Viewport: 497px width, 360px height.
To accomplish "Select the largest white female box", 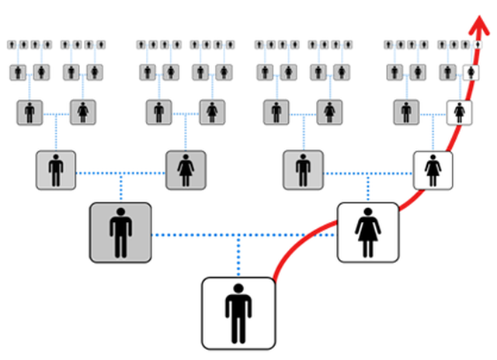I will click(x=367, y=231).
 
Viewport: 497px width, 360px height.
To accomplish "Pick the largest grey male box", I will click(x=120, y=231).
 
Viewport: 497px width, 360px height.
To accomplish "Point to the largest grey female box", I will click(x=186, y=170).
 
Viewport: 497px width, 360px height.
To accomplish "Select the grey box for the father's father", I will click(x=55, y=170).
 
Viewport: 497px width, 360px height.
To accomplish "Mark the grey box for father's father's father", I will click(x=30, y=112).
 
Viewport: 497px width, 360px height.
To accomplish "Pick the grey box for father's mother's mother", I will click(x=212, y=112).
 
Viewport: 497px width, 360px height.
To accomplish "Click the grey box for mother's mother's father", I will click(x=406, y=112).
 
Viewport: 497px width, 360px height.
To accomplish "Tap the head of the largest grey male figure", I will click(x=120, y=213).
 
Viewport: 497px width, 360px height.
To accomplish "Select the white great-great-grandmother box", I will click(x=471, y=72).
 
